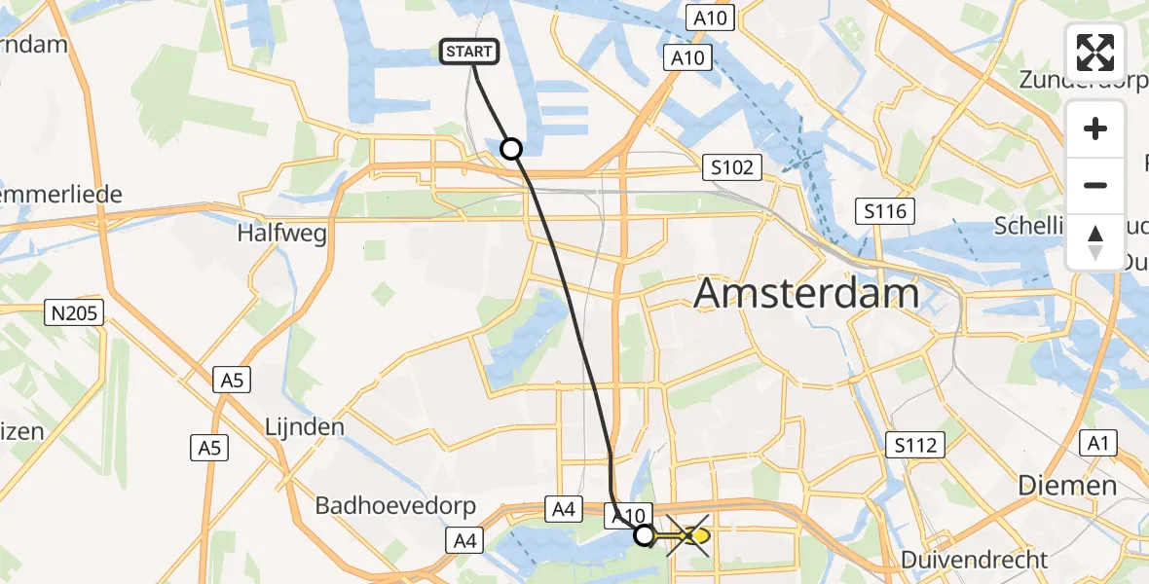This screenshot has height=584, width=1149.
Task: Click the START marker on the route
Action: click(471, 52)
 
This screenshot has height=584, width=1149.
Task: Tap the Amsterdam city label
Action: click(806, 292)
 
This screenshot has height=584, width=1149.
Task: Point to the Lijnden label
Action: click(305, 426)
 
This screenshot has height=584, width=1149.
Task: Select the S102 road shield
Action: click(731, 168)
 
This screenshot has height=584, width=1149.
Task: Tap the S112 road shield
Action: click(915, 446)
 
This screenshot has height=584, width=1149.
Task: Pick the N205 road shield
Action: click(74, 312)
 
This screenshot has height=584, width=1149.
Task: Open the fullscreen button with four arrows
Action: click(1095, 52)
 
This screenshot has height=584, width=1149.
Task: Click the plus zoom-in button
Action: click(1095, 128)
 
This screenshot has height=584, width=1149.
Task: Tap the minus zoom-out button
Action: click(1095, 185)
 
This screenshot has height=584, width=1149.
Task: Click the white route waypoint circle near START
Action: click(510, 149)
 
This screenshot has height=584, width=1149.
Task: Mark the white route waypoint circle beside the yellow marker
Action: click(644, 534)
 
